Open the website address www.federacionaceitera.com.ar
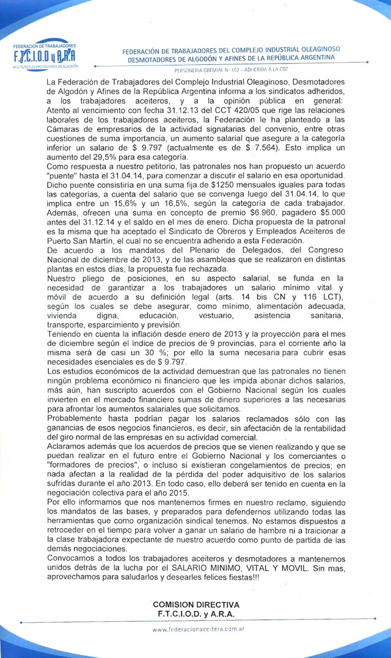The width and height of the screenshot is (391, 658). [199, 629]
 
